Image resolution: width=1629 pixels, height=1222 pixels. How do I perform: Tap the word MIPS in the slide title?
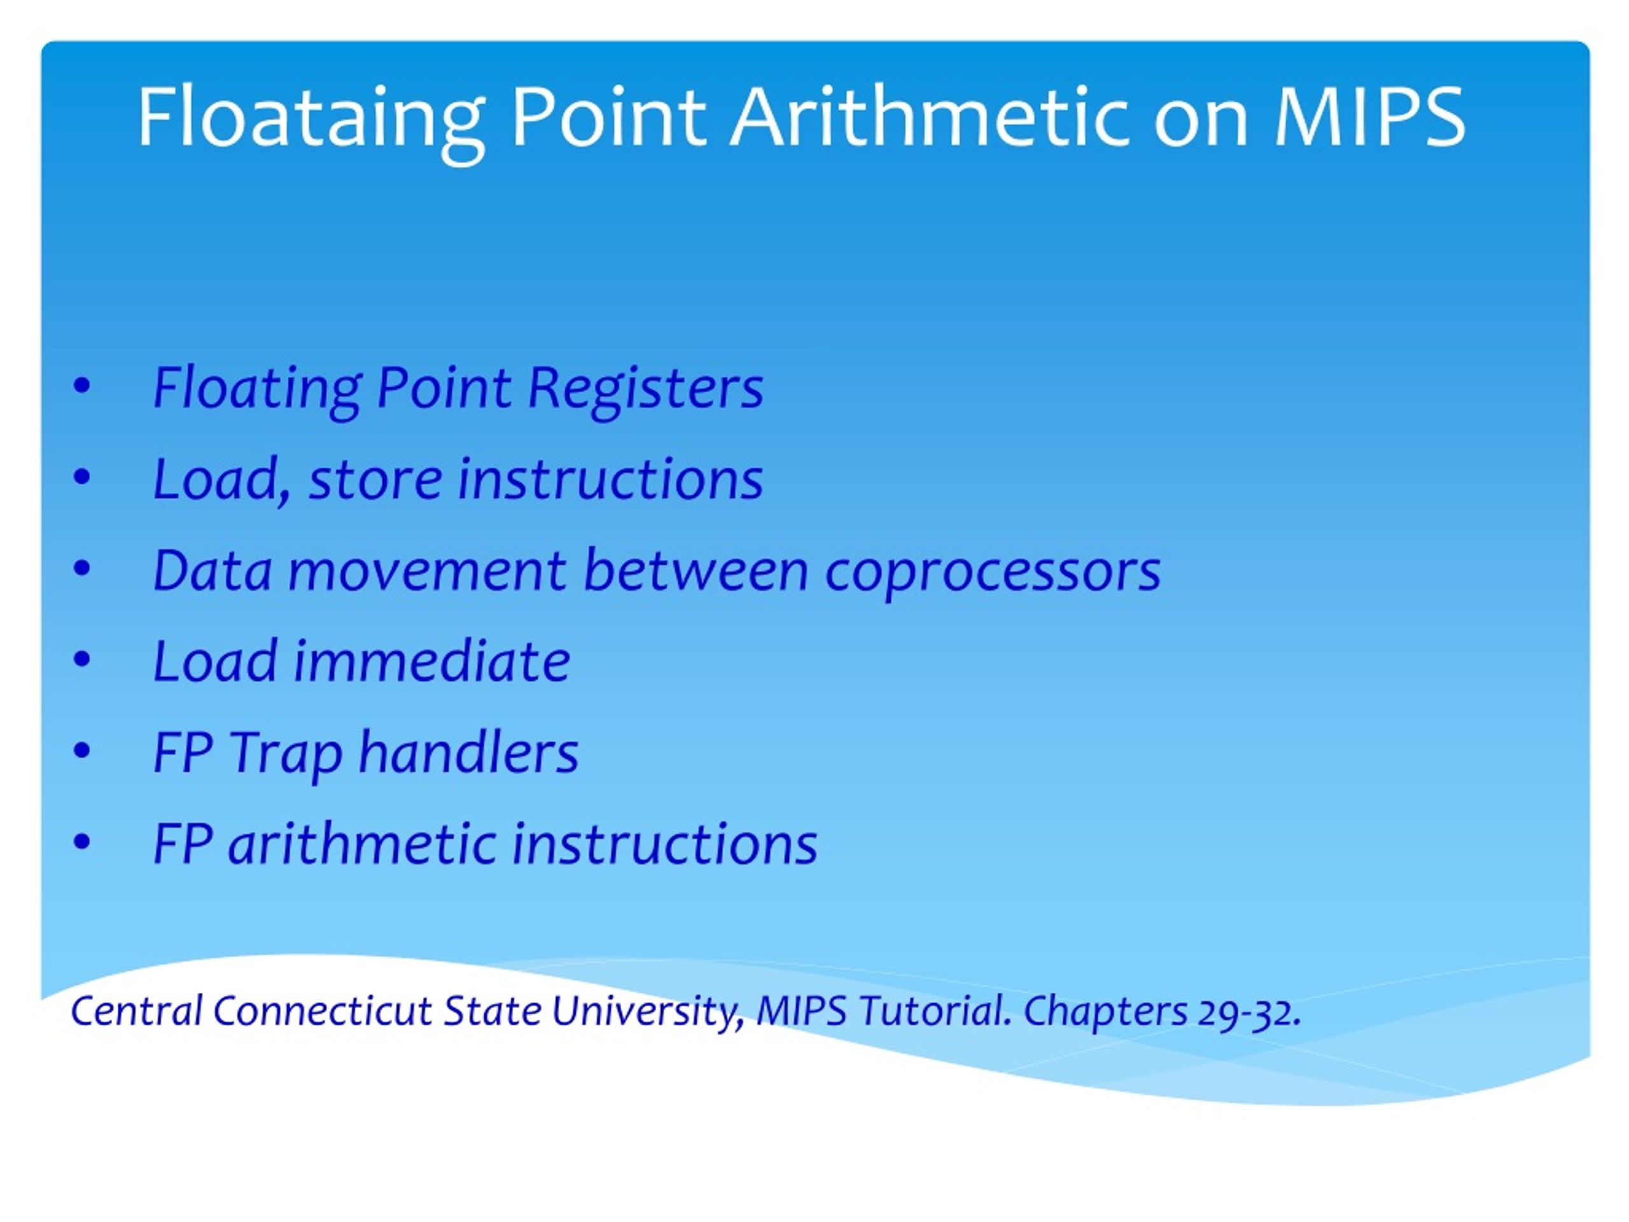point(1370,116)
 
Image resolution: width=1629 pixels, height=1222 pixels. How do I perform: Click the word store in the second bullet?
point(375,479)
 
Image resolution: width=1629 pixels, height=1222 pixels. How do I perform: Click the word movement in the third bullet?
point(428,572)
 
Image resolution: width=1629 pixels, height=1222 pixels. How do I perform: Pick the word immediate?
point(432,661)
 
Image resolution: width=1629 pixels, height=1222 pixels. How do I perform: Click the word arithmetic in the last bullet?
point(361,843)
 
